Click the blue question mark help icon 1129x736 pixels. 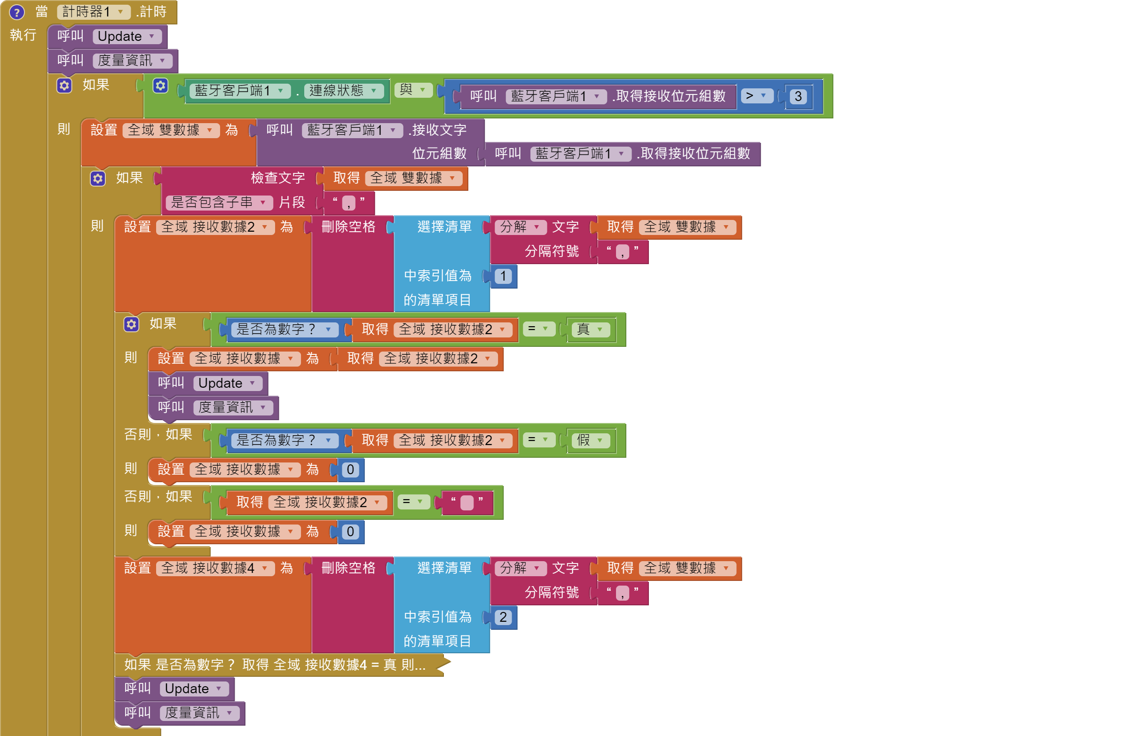coord(17,12)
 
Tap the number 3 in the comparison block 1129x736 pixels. coord(798,96)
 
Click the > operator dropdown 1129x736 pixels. coord(756,96)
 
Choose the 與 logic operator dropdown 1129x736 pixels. coord(412,90)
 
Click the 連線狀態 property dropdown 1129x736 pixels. coord(343,91)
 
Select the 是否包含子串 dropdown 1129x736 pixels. coord(218,203)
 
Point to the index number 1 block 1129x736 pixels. coord(503,276)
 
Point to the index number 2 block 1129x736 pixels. coord(503,617)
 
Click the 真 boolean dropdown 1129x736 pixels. coord(590,329)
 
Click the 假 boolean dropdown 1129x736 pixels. coord(590,440)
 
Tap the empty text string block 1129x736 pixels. coord(467,503)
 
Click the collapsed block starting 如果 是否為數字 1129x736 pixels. coord(275,665)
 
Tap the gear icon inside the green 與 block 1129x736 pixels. coord(160,86)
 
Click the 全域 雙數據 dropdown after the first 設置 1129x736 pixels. coord(170,130)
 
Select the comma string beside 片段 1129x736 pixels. coord(348,203)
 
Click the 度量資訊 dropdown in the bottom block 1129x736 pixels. coord(199,713)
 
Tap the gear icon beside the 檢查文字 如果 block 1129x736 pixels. coord(98,179)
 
